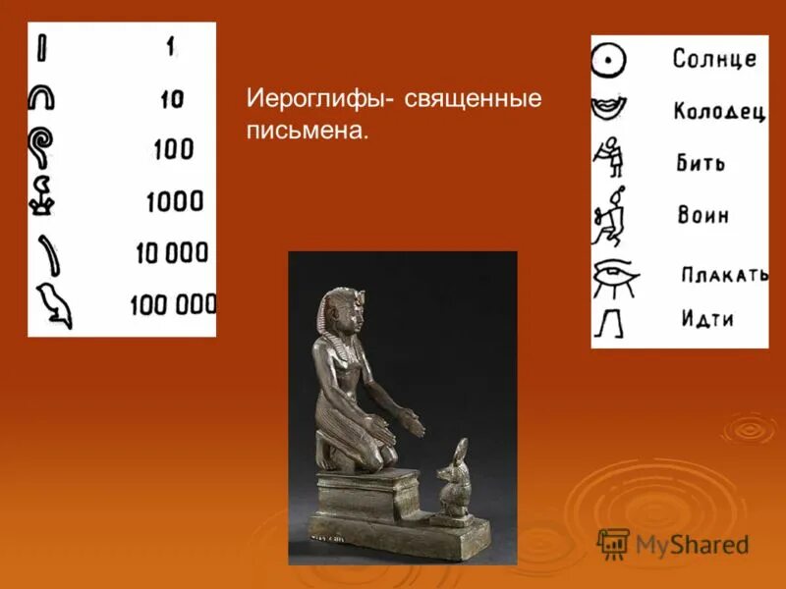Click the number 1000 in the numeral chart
click(x=174, y=202)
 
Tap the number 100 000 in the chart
click(x=173, y=305)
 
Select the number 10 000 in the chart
click(x=174, y=253)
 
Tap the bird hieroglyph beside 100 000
click(x=55, y=305)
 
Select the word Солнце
click(x=714, y=58)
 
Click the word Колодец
click(x=718, y=111)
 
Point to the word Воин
click(x=702, y=214)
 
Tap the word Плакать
click(x=724, y=274)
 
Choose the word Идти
click(x=707, y=318)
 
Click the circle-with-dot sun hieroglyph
click(x=609, y=61)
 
